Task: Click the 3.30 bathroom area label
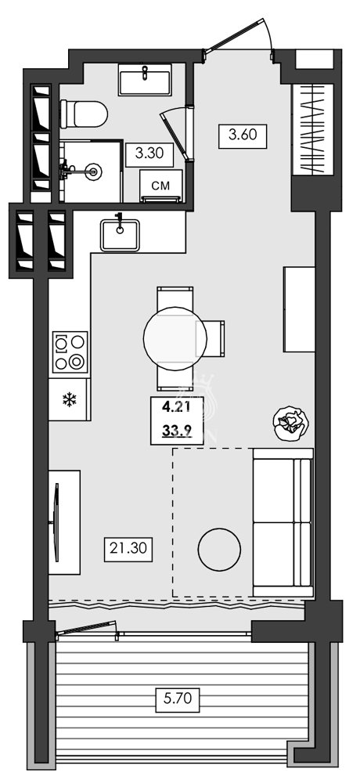pos(149,153)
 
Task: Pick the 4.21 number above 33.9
pos(177,407)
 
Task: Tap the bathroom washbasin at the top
pos(146,80)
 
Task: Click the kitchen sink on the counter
pos(120,233)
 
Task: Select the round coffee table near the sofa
pos(219,550)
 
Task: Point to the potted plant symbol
pos(292,424)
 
